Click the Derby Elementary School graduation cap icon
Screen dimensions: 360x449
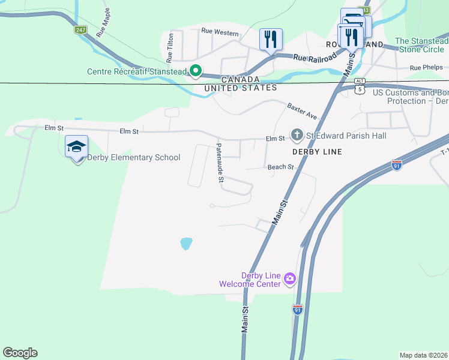pyautogui.click(x=76, y=147)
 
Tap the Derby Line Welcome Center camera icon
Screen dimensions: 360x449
pyautogui.click(x=291, y=278)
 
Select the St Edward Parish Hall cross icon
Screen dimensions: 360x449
pyautogui.click(x=296, y=134)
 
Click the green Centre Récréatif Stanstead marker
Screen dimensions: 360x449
pyautogui.click(x=195, y=71)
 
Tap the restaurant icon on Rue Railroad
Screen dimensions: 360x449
pyautogui.click(x=271, y=40)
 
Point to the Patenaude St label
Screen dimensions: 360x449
pyautogui.click(x=220, y=162)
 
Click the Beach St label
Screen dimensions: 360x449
pyautogui.click(x=280, y=167)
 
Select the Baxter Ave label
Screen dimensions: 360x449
pyautogui.click(x=301, y=110)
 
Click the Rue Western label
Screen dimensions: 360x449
pyautogui.click(x=220, y=31)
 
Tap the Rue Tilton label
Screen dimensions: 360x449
pyautogui.click(x=170, y=47)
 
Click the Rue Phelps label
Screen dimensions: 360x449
pyautogui.click(x=426, y=68)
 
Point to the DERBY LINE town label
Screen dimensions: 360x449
pyautogui.click(x=317, y=152)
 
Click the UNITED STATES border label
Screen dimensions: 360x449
pyautogui.click(x=240, y=88)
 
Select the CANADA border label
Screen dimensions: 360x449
pyautogui.click(x=240, y=79)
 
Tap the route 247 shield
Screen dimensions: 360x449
pyautogui.click(x=80, y=29)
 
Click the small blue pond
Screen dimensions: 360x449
pyautogui.click(x=186, y=244)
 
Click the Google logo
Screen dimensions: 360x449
pyautogui.click(x=20, y=353)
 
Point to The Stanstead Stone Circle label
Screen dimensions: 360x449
pyautogui.click(x=421, y=45)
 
